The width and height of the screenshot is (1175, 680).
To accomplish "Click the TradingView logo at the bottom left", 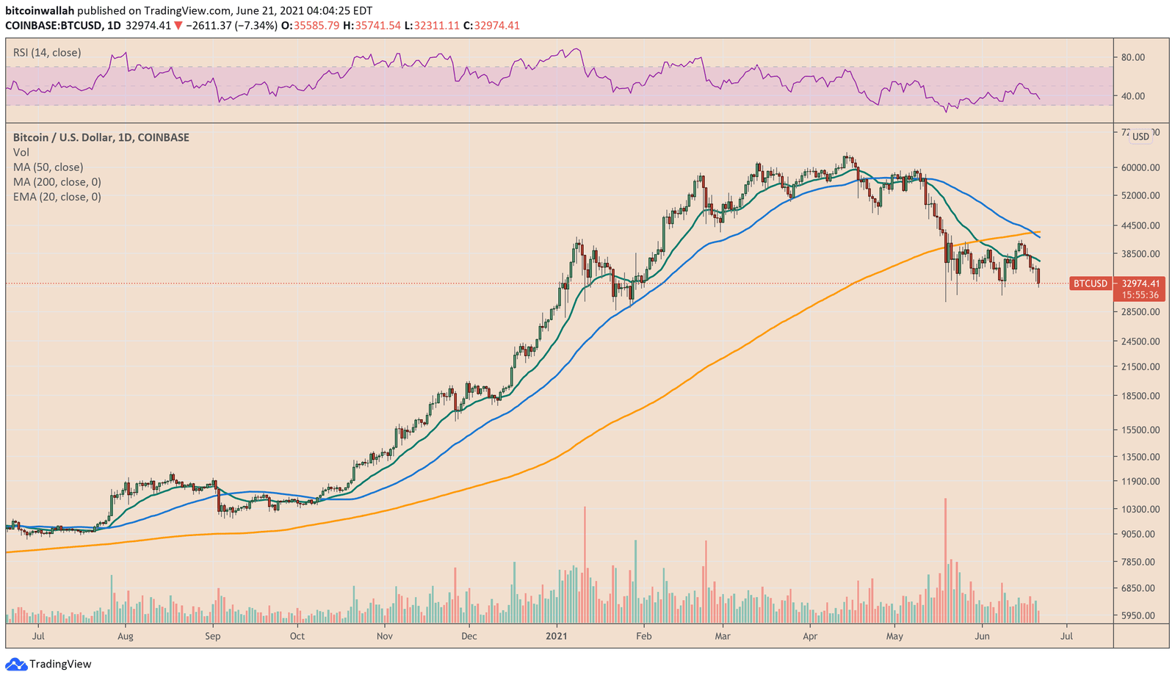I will click(49, 664).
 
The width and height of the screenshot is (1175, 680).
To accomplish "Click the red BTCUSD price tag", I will click(1090, 283).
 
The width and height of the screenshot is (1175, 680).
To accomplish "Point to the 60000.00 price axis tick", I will click(1139, 167).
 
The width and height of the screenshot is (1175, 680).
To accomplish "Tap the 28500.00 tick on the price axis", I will click(1139, 312).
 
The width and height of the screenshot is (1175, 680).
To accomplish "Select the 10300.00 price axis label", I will click(1139, 509).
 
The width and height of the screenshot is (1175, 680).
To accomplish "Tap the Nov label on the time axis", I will click(384, 636).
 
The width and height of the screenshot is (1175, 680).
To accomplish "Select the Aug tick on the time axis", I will click(126, 636).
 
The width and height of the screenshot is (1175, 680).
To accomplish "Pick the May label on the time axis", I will click(894, 636).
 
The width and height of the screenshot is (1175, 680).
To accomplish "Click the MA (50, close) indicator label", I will click(48, 167).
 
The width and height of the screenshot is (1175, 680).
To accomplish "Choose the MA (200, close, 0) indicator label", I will click(57, 182).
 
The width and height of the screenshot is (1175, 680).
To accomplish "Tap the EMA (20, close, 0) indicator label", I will click(57, 197).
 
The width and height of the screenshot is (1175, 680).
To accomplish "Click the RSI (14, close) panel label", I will click(47, 53).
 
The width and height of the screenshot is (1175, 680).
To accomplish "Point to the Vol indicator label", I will click(21, 152).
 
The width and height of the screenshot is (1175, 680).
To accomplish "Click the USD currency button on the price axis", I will click(1140, 137).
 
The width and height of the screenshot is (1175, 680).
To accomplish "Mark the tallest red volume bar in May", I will click(945, 558).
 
